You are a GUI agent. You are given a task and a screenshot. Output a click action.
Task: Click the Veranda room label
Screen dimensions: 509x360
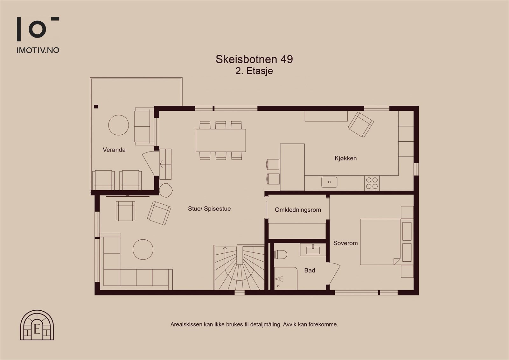point(114,150)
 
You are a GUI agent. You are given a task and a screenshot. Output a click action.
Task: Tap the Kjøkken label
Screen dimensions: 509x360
point(345,158)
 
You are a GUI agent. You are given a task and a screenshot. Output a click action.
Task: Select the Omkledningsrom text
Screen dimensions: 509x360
point(298,210)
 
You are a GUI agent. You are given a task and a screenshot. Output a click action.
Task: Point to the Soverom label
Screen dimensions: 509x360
point(345,243)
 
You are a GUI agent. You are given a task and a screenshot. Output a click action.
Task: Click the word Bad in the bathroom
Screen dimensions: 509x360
point(310,271)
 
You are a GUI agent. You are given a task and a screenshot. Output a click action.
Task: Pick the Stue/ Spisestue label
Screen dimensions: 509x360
point(209,208)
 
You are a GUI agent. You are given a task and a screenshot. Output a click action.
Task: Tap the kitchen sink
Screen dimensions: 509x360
point(329,182)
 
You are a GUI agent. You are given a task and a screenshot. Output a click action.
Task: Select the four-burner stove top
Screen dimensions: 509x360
point(372,183)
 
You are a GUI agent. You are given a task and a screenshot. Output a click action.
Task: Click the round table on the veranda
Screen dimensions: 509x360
point(119,125)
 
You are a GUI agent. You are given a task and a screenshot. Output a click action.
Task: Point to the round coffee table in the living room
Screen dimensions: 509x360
point(143,250)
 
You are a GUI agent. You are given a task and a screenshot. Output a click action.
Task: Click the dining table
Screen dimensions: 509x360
point(221,140)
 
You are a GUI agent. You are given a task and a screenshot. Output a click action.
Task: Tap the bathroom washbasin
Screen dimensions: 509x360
point(313,250)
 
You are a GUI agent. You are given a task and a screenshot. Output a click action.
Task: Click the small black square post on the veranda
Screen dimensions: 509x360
point(96,106)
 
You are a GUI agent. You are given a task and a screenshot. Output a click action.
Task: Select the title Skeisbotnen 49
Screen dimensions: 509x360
point(254,59)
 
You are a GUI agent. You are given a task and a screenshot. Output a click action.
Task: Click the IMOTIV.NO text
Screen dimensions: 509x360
point(38,50)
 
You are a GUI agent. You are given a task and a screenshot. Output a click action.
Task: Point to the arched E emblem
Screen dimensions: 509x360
point(37,325)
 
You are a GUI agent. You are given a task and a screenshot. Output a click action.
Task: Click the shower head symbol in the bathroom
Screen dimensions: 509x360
point(279,279)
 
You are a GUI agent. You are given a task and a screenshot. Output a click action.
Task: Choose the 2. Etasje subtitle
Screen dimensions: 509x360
point(254,71)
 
